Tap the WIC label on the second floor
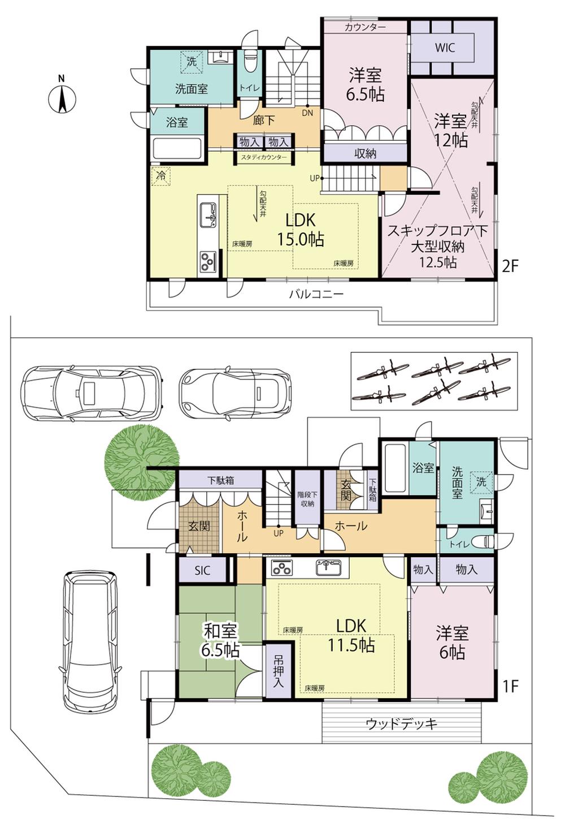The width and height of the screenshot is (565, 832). (x=445, y=48)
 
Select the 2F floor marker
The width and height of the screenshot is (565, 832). (x=510, y=266)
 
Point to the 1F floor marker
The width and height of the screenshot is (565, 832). (x=510, y=686)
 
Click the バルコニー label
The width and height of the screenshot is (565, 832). (x=316, y=294)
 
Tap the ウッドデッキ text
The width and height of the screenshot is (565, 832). (x=401, y=723)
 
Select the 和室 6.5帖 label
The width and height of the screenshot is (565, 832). (x=220, y=640)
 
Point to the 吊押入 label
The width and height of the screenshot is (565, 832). (x=278, y=671)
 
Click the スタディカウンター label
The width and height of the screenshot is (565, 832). (x=264, y=157)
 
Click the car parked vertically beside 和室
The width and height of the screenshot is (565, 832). (x=90, y=642)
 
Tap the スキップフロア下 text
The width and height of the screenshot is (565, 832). (x=437, y=231)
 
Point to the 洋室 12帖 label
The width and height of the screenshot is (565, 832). (x=450, y=130)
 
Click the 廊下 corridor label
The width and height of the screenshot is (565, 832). (x=264, y=120)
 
